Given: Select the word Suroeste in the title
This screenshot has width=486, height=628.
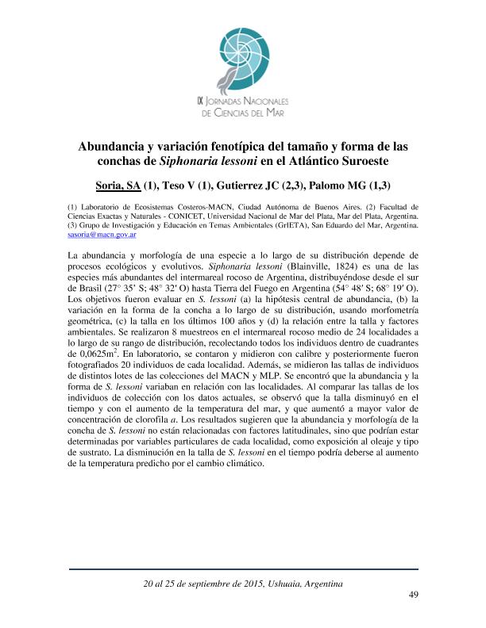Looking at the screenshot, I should [368, 163].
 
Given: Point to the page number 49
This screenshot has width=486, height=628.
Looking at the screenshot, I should [412, 595].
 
